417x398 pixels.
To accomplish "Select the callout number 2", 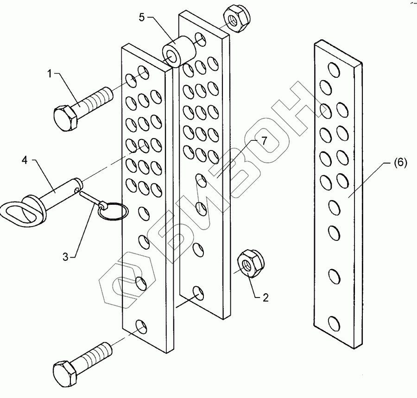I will tap(265, 298).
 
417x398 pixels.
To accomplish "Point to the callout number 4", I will tap(25, 161).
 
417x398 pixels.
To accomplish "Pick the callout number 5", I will tap(142, 17).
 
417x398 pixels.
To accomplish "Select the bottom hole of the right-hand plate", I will tap(334, 322).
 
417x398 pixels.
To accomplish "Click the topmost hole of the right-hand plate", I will tap(332, 69).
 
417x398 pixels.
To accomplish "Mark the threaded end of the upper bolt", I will tap(101, 96).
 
